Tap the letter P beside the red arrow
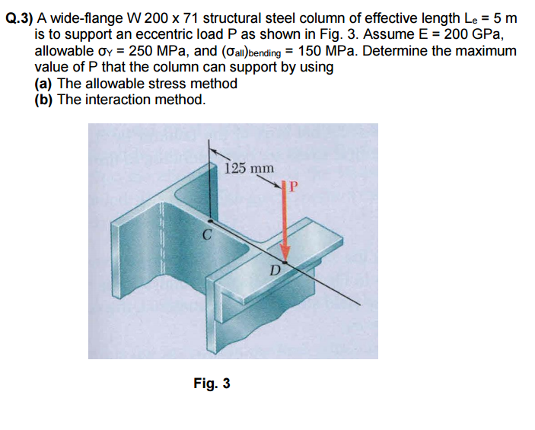[x=295, y=186]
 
